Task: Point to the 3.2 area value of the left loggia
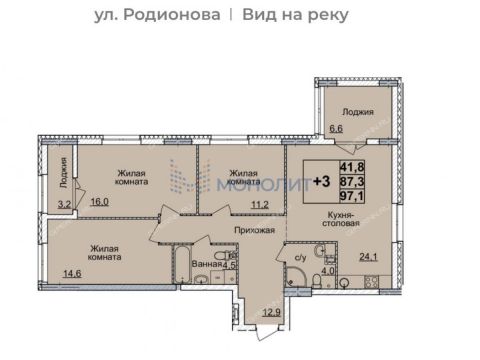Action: tap(63, 204)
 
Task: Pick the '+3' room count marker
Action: tap(323, 182)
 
